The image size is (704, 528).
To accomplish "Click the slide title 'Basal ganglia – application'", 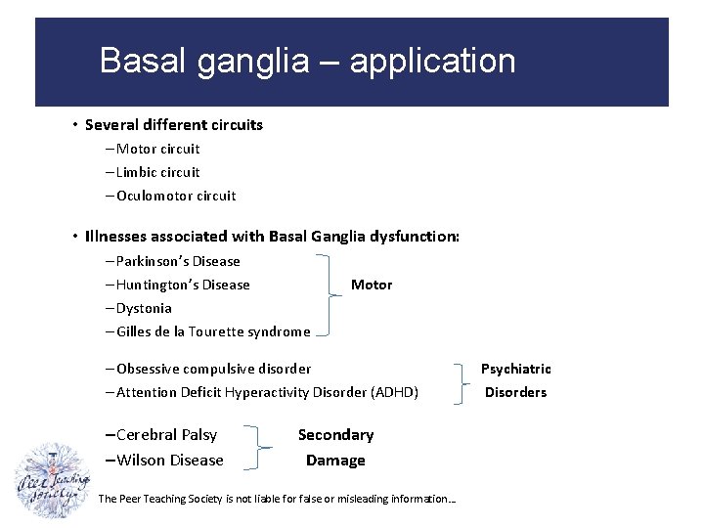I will pyautogui.click(x=307, y=62).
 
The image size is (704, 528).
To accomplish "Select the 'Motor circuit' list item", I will pyautogui.click(x=157, y=149).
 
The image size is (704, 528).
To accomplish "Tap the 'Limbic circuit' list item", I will pyautogui.click(x=157, y=172).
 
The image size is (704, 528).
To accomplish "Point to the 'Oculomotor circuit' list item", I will pyautogui.click(x=175, y=196).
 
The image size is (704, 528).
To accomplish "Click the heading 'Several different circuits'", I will pyautogui.click(x=173, y=125).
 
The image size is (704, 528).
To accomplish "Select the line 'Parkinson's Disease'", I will pyautogui.click(x=177, y=261).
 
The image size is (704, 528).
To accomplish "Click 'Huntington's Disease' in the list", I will pyautogui.click(x=182, y=285).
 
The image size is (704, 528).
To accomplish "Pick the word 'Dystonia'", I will pyautogui.click(x=144, y=308).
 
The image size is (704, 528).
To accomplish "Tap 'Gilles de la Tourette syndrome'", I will pyautogui.click(x=212, y=331).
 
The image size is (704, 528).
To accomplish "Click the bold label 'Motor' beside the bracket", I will pyautogui.click(x=372, y=285).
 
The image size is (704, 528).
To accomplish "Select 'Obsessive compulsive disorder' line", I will pyautogui.click(x=213, y=369).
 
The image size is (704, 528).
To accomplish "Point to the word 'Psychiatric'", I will pyautogui.click(x=515, y=369).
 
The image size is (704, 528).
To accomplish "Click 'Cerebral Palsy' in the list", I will pyautogui.click(x=166, y=435).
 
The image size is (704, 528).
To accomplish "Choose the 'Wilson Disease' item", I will pyautogui.click(x=169, y=461).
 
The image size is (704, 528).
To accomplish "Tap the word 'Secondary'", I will pyautogui.click(x=335, y=435).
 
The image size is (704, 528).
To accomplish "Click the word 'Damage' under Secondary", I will pyautogui.click(x=335, y=461).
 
